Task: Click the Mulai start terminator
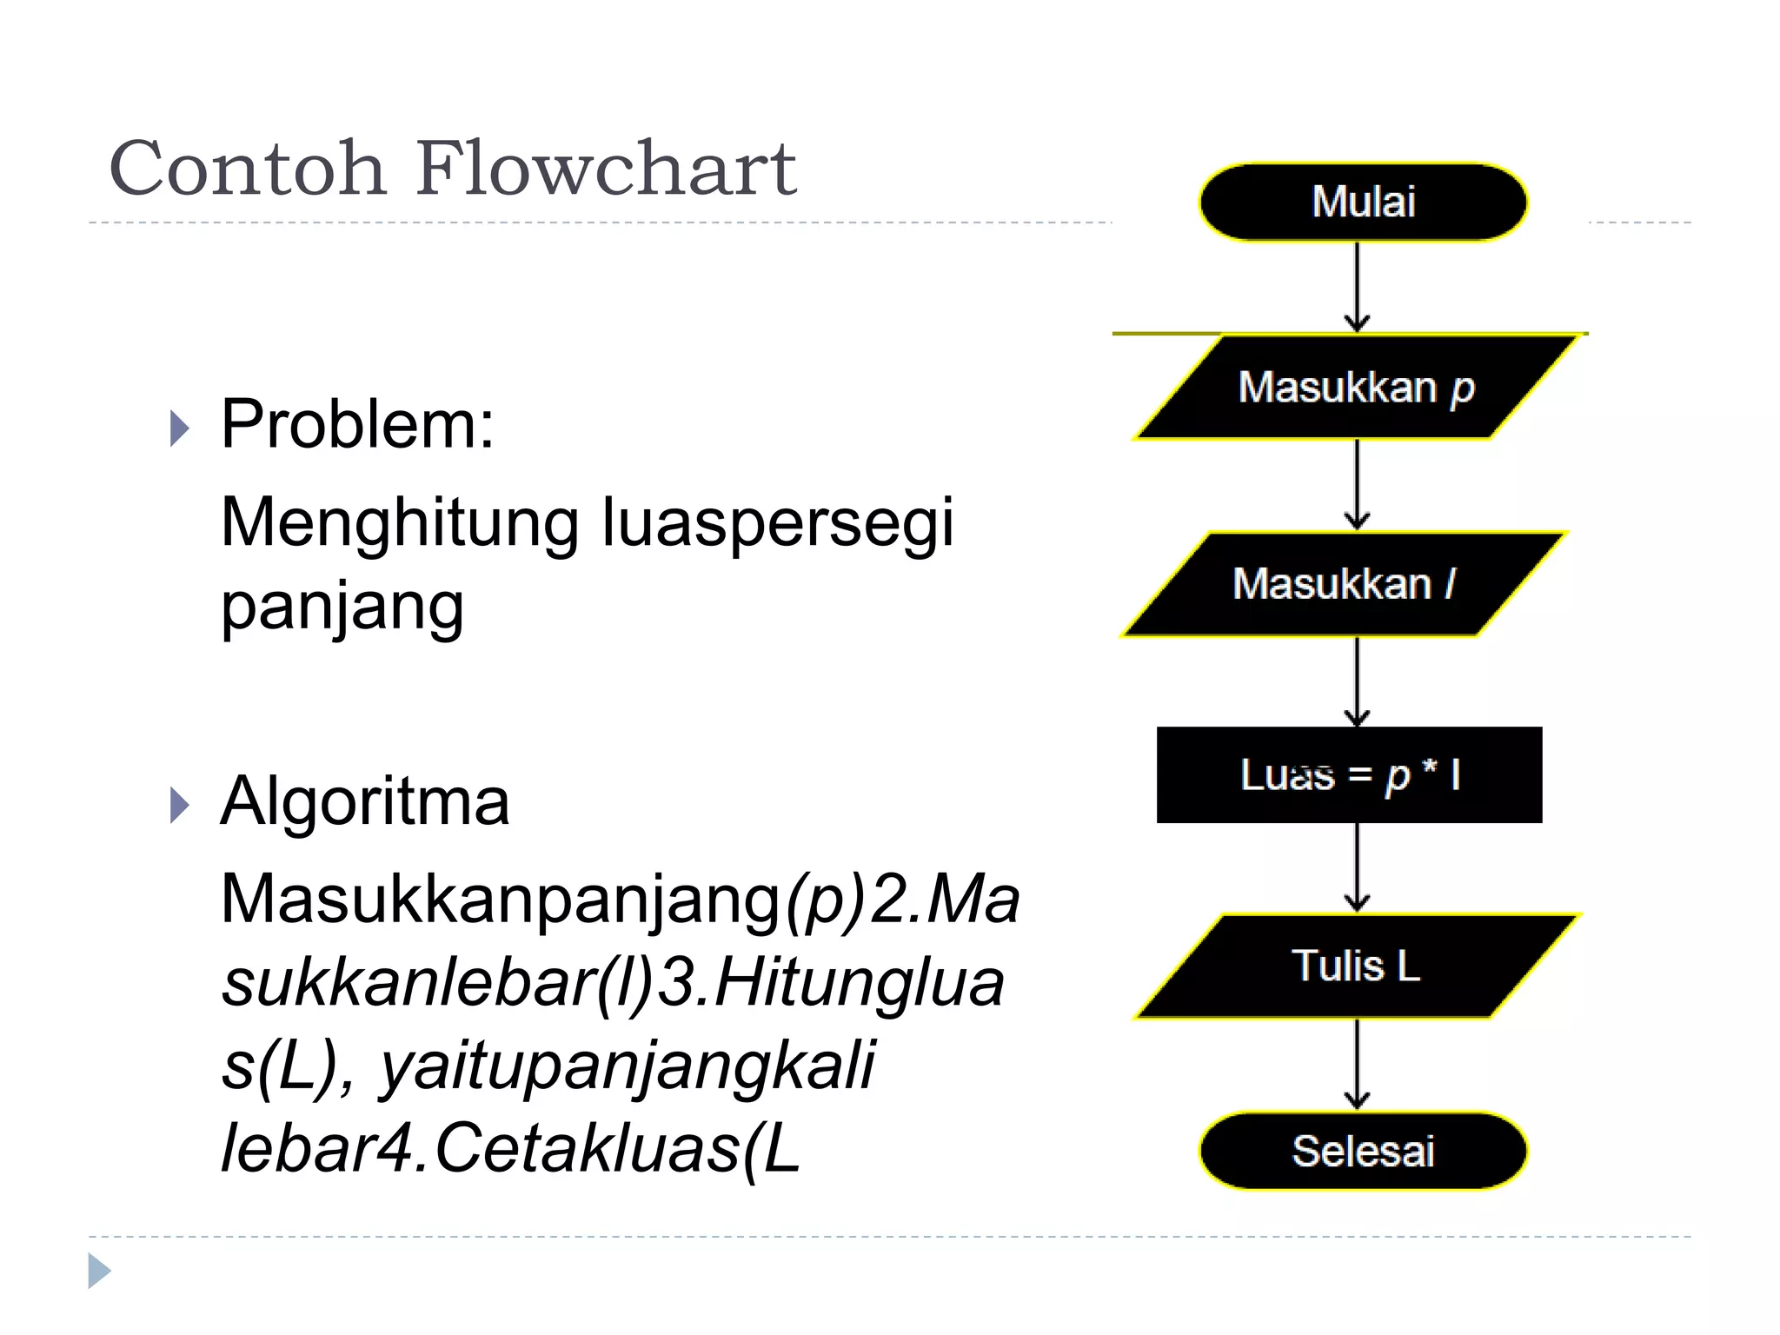pyautogui.click(x=1363, y=202)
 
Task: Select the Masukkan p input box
pyautogui.click(x=1356, y=387)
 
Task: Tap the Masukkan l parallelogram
pyautogui.click(x=1344, y=584)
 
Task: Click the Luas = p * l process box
pyautogui.click(x=1349, y=775)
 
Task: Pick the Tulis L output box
pyautogui.click(x=1356, y=966)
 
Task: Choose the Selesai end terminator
pyautogui.click(x=1363, y=1151)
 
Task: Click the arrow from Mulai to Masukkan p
pyautogui.click(x=1357, y=287)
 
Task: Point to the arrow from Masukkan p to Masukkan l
pyautogui.click(x=1357, y=485)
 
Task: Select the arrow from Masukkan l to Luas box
pyautogui.click(x=1357, y=681)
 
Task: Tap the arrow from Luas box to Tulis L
pyautogui.click(x=1357, y=867)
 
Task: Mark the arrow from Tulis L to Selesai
pyautogui.click(x=1357, y=1064)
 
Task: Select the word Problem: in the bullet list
pyautogui.click(x=357, y=424)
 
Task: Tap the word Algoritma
pyautogui.click(x=365, y=801)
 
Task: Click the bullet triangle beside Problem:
pyautogui.click(x=179, y=428)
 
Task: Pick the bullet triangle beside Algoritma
pyautogui.click(x=179, y=806)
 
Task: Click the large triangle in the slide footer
pyautogui.click(x=99, y=1271)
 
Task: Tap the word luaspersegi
pyautogui.click(x=777, y=524)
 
